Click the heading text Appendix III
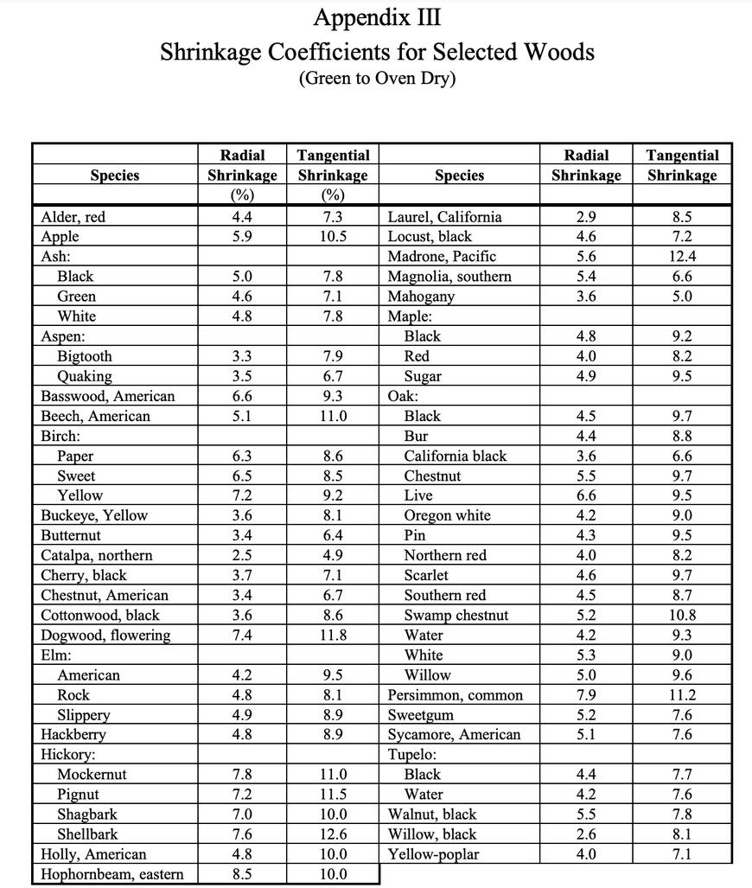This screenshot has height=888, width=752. click(x=377, y=17)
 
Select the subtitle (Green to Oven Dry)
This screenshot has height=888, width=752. click(x=377, y=79)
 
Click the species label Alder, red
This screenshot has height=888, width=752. click(x=73, y=217)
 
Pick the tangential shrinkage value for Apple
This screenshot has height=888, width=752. click(x=333, y=237)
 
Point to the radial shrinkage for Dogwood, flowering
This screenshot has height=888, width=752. click(x=242, y=636)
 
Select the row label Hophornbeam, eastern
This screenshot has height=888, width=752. click(x=112, y=874)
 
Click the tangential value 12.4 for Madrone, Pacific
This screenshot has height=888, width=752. click(x=682, y=257)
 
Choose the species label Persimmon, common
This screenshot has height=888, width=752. click(x=455, y=695)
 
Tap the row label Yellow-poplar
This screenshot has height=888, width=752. click(x=433, y=854)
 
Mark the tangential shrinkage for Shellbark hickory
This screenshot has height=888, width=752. click(x=333, y=834)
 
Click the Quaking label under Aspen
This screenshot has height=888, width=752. click(x=85, y=376)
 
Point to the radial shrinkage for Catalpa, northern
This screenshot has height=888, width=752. click(x=242, y=555)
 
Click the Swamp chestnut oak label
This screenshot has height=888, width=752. click(x=456, y=616)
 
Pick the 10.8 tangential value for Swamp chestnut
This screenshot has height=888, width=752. click(x=682, y=616)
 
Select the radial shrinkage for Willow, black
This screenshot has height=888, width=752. click(x=586, y=834)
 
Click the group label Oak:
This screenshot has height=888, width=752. click(x=403, y=396)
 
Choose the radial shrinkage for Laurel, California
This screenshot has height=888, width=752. click(x=586, y=217)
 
